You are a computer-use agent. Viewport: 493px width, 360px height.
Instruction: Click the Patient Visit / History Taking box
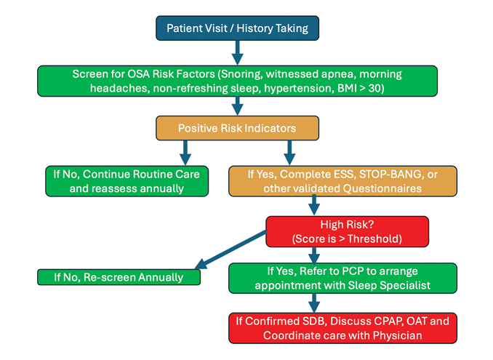[x=237, y=28]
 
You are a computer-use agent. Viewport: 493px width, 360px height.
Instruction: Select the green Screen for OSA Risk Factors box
[x=237, y=81]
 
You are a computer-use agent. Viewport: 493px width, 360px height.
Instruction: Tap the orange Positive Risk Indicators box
[x=237, y=128]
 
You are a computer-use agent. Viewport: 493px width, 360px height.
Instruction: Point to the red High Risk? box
[x=346, y=231]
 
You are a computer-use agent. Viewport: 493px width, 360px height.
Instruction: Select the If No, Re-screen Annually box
[x=119, y=277]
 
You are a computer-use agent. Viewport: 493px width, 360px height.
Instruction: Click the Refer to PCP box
[x=342, y=278]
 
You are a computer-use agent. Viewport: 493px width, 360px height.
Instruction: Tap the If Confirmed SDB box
[x=342, y=327]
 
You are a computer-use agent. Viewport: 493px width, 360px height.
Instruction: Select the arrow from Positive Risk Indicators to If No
[x=185, y=151]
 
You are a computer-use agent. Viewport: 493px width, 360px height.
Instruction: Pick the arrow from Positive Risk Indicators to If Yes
[x=289, y=151]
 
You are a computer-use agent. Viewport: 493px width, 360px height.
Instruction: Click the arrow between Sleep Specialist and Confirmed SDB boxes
[x=314, y=302]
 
